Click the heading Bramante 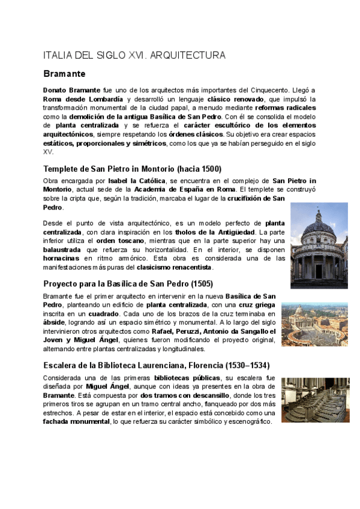[64, 74]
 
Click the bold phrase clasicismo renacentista [174, 267]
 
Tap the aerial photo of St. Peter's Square [314, 324]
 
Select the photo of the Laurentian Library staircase [314, 400]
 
